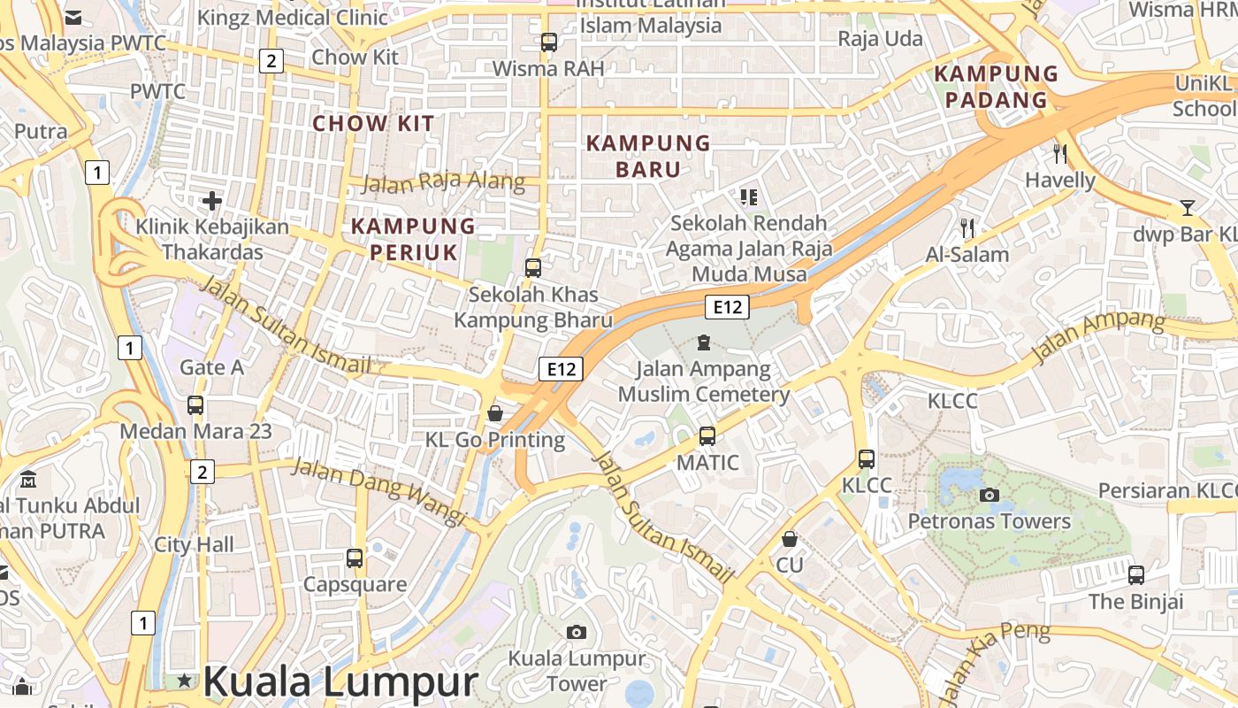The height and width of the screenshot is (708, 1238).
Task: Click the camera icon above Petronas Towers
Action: point(990,495)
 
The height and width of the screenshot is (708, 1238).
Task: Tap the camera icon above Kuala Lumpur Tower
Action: point(577,632)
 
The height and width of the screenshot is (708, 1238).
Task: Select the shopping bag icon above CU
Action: point(790,539)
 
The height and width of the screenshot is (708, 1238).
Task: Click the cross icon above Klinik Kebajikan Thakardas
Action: point(212,201)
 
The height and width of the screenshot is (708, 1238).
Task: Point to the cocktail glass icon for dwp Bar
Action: point(1187,208)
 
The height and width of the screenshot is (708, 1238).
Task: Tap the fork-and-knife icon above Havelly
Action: point(1060,154)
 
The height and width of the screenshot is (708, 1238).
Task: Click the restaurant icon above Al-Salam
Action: point(967,228)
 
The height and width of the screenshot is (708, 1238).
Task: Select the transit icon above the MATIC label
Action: point(707,435)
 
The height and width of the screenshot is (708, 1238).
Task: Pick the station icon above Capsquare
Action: point(355,558)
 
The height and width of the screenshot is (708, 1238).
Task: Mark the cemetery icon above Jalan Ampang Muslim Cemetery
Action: point(704,342)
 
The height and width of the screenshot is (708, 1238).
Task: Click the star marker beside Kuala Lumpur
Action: point(184,681)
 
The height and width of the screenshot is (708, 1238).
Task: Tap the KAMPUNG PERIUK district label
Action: point(413,239)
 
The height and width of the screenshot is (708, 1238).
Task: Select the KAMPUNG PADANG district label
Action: point(996,86)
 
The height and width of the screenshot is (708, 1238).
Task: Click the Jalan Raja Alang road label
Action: point(443,183)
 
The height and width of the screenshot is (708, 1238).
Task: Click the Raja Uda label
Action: point(880,39)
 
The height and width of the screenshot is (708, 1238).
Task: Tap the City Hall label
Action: point(195,544)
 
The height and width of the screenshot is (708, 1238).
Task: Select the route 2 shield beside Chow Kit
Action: point(271,61)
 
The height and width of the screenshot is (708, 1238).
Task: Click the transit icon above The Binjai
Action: point(1136,575)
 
